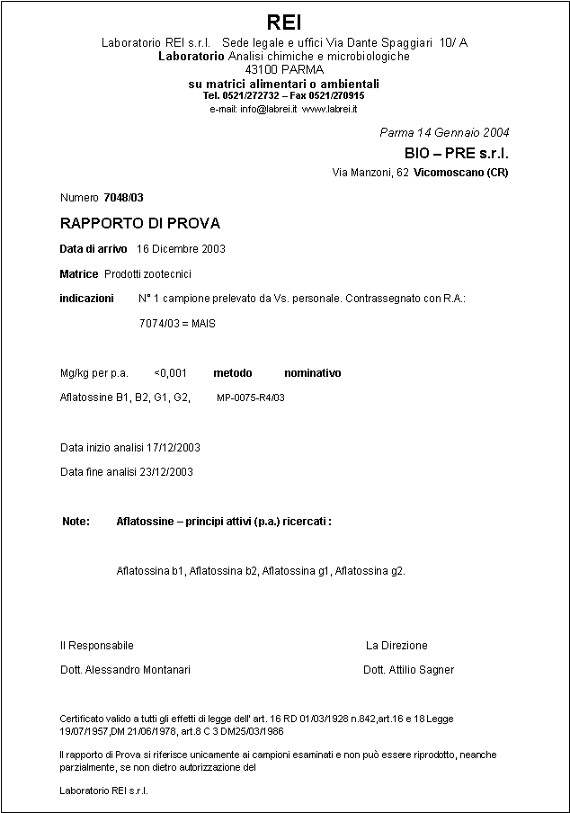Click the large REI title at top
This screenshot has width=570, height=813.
pyautogui.click(x=284, y=22)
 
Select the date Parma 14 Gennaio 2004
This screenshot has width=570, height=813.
pyautogui.click(x=444, y=132)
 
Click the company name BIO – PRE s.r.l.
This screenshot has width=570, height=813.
pyautogui.click(x=457, y=153)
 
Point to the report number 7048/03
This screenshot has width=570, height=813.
pyautogui.click(x=124, y=197)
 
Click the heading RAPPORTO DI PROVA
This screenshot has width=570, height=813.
pyautogui.click(x=139, y=223)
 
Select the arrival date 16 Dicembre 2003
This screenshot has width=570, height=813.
pyautogui.click(x=181, y=249)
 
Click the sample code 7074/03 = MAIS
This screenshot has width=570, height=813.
pyautogui.click(x=177, y=324)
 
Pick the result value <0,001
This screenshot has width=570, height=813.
pyautogui.click(x=171, y=373)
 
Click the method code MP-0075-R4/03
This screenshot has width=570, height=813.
pyautogui.click(x=251, y=398)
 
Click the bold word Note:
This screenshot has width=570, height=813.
pyautogui.click(x=76, y=522)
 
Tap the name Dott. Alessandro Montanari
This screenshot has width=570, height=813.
pyautogui.click(x=125, y=670)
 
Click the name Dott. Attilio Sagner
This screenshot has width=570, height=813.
pyautogui.click(x=408, y=670)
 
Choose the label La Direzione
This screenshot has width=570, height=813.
pyautogui.click(x=396, y=646)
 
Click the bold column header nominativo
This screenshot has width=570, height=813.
pyautogui.click(x=312, y=373)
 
